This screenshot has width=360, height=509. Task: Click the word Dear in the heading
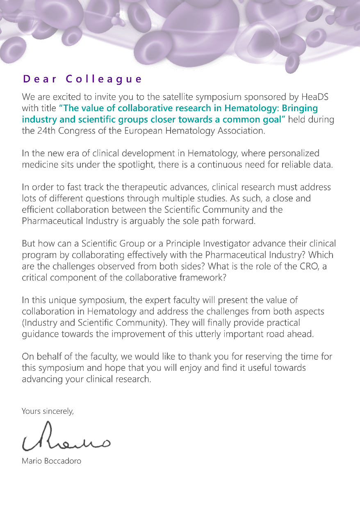coord(40,79)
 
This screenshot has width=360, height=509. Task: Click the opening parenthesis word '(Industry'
coord(39,322)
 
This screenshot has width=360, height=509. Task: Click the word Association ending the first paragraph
coord(241,131)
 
